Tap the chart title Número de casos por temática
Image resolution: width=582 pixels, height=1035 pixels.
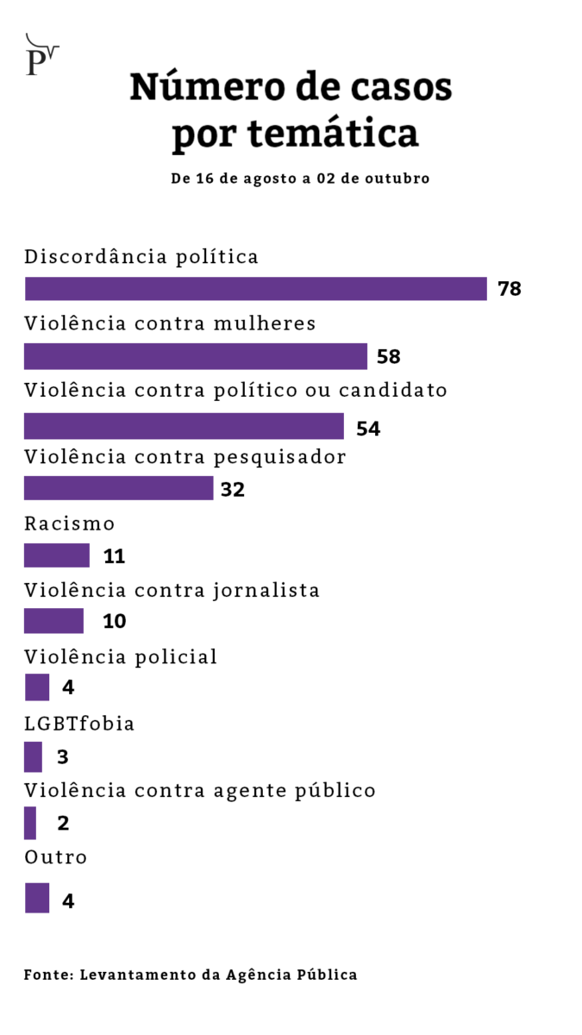click(x=291, y=110)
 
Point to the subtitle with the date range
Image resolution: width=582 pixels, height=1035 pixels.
click(x=299, y=179)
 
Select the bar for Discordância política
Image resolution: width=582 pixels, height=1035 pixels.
click(x=255, y=289)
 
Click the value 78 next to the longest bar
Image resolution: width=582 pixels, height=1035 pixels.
click(x=510, y=289)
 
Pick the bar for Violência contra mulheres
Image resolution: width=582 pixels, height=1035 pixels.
click(x=196, y=356)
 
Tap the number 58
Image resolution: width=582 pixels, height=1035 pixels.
click(x=388, y=357)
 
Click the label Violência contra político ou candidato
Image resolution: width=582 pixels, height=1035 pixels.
click(x=235, y=390)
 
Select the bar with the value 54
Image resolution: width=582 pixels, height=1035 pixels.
click(x=184, y=426)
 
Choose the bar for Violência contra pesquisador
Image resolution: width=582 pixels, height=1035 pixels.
click(x=118, y=488)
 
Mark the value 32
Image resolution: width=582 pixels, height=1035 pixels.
click(x=233, y=490)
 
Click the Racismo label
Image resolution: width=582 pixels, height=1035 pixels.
click(x=69, y=524)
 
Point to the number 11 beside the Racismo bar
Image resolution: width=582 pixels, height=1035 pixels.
click(x=114, y=556)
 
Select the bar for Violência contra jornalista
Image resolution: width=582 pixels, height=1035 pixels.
click(x=53, y=621)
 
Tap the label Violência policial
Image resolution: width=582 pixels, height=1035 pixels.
click(x=121, y=656)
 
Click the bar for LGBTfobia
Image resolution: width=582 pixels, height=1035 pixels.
click(x=33, y=756)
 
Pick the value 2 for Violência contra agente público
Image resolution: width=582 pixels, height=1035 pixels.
click(x=63, y=823)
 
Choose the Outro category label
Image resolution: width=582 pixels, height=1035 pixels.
click(x=55, y=857)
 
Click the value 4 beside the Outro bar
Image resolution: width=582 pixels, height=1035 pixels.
click(x=68, y=901)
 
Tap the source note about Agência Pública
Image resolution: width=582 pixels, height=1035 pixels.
click(x=190, y=975)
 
